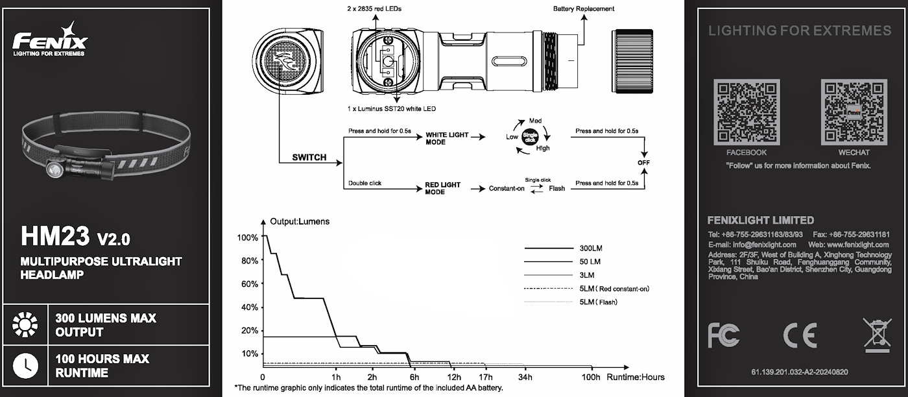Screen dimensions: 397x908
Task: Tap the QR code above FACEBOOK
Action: [746, 113]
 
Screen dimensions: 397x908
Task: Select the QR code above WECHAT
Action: [854, 113]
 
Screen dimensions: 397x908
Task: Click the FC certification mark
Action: [723, 334]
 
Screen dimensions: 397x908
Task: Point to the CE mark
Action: [800, 334]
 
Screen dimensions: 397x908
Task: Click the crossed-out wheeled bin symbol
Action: [877, 335]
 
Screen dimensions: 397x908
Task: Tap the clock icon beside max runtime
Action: [26, 365]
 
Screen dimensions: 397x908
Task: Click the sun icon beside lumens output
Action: [26, 324]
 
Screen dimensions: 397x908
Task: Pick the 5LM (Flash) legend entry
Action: [597, 302]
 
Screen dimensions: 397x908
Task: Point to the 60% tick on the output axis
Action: [250, 283]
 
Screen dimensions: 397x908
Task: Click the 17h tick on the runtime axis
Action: [485, 377]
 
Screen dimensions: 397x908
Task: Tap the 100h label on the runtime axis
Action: [591, 377]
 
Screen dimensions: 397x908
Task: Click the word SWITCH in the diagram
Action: [309, 158]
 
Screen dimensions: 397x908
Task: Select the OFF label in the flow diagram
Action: [643, 162]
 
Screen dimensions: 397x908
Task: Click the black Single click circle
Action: [531, 137]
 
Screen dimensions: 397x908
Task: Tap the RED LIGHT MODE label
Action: [443, 188]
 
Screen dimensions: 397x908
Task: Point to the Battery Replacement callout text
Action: [583, 9]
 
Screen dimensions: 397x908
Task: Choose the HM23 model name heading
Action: [55, 237]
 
